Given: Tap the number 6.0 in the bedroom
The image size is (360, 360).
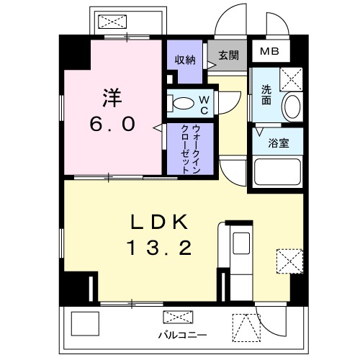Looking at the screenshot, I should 112,124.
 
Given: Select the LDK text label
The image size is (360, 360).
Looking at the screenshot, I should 160,220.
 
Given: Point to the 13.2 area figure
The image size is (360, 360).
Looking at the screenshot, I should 160,248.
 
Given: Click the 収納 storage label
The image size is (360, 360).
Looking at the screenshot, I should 185,60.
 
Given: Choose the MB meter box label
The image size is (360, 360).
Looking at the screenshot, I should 269,51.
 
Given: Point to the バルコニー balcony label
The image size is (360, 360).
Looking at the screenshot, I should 183,336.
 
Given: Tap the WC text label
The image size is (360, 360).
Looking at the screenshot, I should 204,104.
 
